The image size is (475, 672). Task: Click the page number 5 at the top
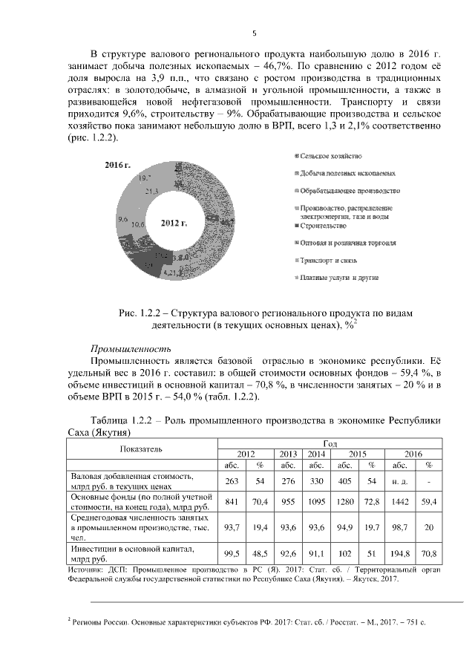coord(255,33)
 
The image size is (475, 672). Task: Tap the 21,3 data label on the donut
coord(153,191)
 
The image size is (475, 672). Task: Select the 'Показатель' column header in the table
coord(141,449)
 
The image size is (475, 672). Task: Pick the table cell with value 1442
coord(399,502)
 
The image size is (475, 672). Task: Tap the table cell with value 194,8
coord(399,553)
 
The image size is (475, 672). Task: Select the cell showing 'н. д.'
coord(399,480)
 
